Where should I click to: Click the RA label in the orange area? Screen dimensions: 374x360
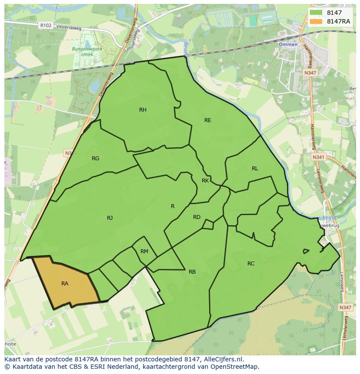[65, 284]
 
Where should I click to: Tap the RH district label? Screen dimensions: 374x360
[143, 110]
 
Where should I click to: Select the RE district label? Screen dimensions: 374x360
[208, 120]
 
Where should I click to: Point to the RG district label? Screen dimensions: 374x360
[96, 159]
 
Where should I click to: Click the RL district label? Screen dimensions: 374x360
[255, 169]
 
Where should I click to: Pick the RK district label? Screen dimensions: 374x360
[205, 181]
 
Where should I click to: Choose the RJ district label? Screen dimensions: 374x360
[110, 218]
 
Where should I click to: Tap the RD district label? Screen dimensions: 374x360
[197, 217]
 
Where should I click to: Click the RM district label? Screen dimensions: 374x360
[144, 252]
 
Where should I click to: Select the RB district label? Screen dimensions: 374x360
[192, 272]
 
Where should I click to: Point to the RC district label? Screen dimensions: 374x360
[251, 264]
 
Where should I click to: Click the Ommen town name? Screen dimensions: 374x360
[288, 44]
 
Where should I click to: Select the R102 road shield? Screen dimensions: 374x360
[45, 26]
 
